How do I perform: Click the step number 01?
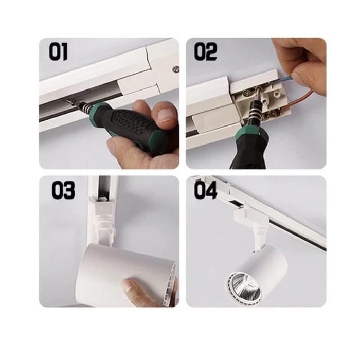(x=58, y=52)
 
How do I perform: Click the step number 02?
(x=206, y=52)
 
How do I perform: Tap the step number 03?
(x=63, y=190)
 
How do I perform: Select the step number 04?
(x=206, y=190)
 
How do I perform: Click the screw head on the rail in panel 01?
(x=176, y=68)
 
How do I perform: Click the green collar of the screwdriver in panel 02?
(x=247, y=135)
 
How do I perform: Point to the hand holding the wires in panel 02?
(x=301, y=60)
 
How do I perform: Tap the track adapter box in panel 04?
(x=250, y=217)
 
